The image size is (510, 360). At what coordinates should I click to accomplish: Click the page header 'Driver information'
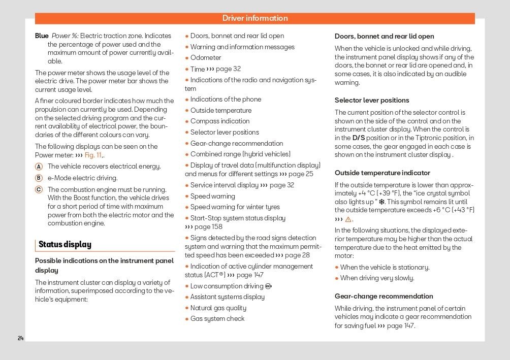[x=255, y=18]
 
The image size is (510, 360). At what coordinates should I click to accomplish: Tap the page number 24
[x=21, y=338]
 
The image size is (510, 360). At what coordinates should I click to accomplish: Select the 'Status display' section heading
[x=65, y=245]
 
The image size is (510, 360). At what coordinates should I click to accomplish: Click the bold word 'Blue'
[x=42, y=36]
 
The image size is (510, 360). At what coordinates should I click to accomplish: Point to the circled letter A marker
[x=39, y=167]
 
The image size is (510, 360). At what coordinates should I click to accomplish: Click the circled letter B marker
[x=39, y=178]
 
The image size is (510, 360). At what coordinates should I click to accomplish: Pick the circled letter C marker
[x=39, y=189]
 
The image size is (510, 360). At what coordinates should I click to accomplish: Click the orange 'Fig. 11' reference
[x=93, y=155]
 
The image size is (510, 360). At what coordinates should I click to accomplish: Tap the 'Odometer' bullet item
[x=206, y=58]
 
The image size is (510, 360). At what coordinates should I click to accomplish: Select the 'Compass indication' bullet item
[x=220, y=121]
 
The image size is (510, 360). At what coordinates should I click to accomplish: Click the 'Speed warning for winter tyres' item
[x=235, y=207]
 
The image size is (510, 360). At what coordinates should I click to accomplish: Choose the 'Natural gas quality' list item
[x=218, y=308]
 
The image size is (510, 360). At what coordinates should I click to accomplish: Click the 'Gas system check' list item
[x=217, y=319]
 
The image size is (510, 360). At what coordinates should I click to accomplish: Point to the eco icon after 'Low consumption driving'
[x=268, y=286]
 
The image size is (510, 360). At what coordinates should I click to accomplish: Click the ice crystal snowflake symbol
[x=381, y=202]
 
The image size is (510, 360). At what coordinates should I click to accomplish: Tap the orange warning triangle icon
[x=348, y=219]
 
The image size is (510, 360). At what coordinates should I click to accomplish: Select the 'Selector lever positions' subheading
[x=371, y=101]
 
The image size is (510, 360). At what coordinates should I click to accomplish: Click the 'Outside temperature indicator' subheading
[x=382, y=173]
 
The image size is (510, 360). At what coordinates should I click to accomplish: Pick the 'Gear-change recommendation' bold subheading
[x=384, y=297]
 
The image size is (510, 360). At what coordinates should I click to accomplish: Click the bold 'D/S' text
[x=359, y=138]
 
